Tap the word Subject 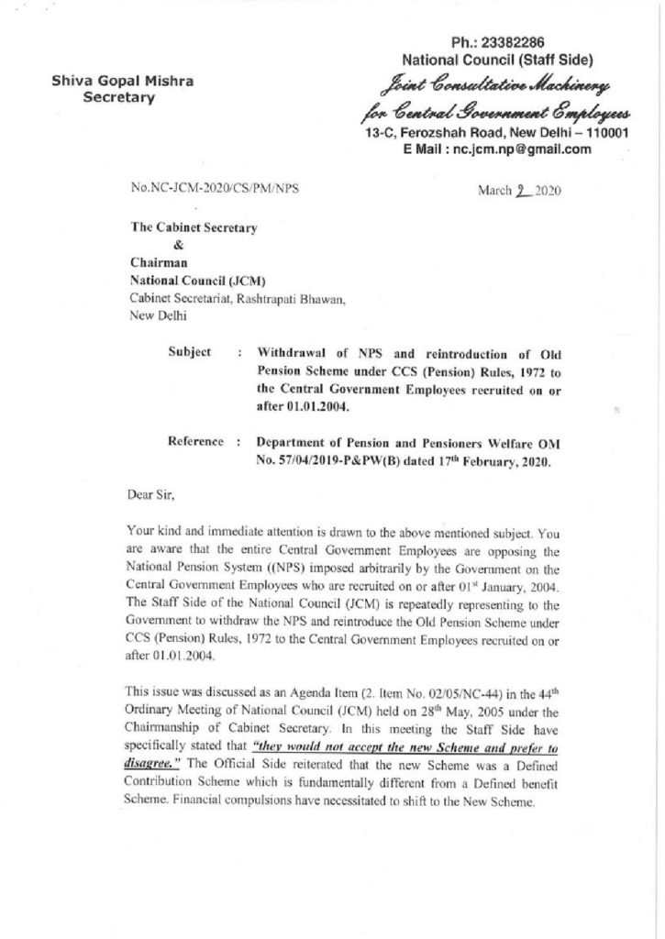click(x=190, y=351)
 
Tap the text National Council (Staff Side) click(x=501, y=61)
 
